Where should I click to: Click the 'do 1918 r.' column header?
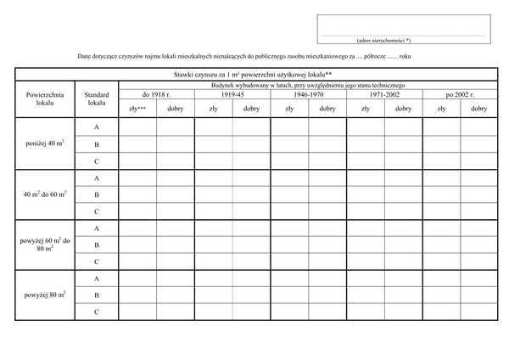coord(157,95)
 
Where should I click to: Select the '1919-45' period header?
coord(232,95)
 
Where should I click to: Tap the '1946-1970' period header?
coord(308,95)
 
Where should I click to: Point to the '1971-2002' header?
coord(384,95)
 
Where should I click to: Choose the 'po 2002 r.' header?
coord(460,95)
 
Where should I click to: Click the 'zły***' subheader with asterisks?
coord(137,109)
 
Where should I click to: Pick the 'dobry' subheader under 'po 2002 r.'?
coord(478,109)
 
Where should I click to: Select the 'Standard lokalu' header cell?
coord(97,98)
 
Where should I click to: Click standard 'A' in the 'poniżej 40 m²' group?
coord(97,127)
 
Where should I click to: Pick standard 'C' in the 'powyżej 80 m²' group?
coord(97,312)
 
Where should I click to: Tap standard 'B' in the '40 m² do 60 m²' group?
coord(97,194)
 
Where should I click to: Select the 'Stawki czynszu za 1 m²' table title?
coord(255,76)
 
